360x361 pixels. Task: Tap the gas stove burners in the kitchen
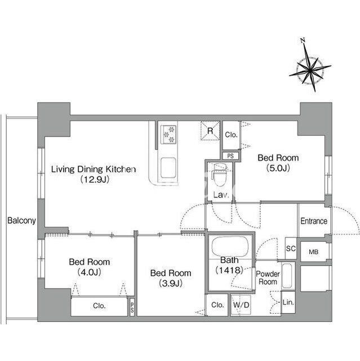click(169, 134)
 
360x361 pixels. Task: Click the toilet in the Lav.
click(220, 174)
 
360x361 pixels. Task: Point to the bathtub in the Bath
click(230, 246)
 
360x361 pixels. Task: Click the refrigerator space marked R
click(210, 130)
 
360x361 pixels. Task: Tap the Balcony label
click(21, 221)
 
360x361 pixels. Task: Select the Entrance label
click(314, 221)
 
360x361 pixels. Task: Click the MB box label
click(314, 252)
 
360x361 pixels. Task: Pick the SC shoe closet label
click(291, 248)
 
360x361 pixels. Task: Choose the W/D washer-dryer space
click(241, 305)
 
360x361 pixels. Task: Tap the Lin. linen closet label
click(288, 302)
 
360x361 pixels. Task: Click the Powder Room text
click(268, 278)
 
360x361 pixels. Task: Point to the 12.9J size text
click(95, 179)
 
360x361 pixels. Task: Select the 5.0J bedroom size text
click(278, 168)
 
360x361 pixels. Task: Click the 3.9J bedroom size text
click(171, 283)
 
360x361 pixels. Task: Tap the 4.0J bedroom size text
click(90, 272)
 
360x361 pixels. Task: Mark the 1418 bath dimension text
click(229, 270)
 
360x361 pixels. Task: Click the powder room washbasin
click(287, 276)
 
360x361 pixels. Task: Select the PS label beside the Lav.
click(230, 156)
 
